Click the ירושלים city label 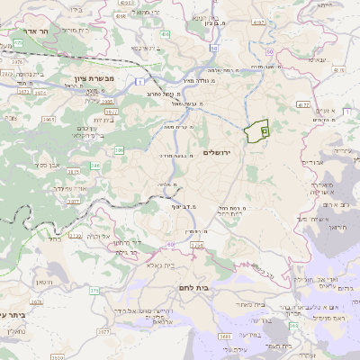coord(219,152)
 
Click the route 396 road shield coord(119,150)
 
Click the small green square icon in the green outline coord(265,131)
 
